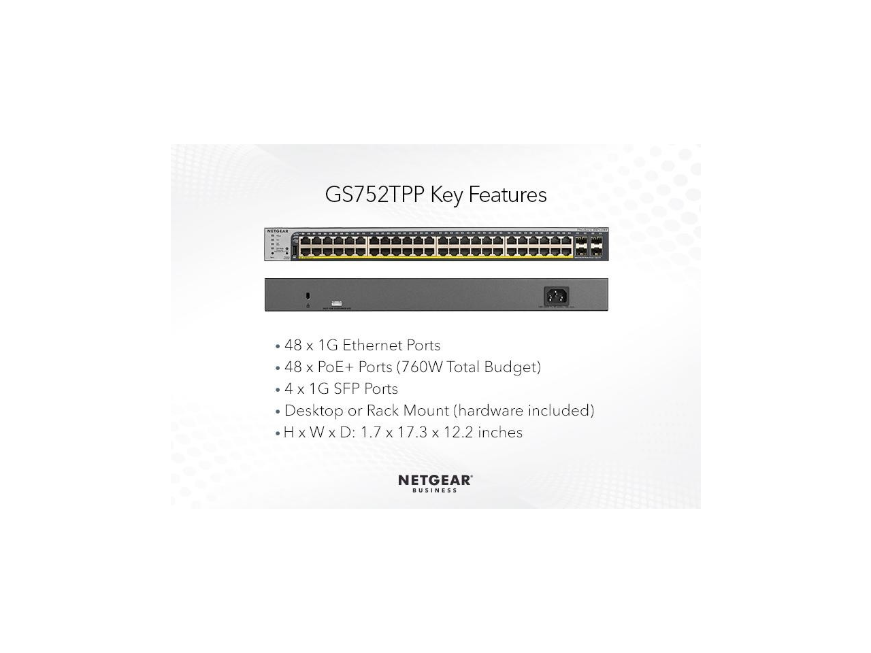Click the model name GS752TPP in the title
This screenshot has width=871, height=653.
(x=374, y=195)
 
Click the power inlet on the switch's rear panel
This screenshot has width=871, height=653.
(x=556, y=296)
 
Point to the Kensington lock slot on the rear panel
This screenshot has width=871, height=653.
(x=308, y=296)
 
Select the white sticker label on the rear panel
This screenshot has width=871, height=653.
(x=336, y=303)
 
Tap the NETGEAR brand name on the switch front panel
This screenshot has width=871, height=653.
(x=278, y=231)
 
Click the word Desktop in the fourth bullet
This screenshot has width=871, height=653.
(x=314, y=411)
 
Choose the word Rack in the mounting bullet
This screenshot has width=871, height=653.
(x=382, y=411)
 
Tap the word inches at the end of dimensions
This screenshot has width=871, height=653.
(x=500, y=433)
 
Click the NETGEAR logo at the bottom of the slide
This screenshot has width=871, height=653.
(x=435, y=480)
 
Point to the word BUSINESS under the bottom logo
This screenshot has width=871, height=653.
(x=435, y=490)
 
